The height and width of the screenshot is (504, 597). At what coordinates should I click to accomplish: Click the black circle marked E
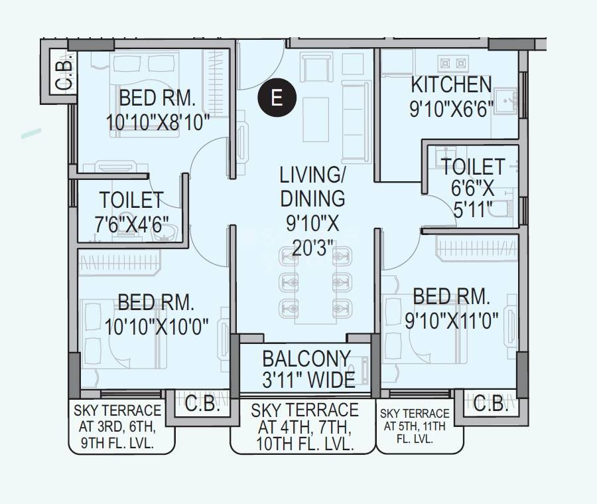coord(276,98)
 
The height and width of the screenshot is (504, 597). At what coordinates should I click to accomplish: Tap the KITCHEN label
coord(451,85)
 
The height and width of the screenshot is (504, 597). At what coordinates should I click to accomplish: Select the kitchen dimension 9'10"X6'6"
coord(451,108)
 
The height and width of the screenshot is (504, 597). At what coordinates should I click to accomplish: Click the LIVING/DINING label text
coord(312,187)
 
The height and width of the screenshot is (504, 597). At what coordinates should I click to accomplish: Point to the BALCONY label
coord(306,359)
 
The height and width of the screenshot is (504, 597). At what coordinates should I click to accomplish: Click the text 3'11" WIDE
coord(308,379)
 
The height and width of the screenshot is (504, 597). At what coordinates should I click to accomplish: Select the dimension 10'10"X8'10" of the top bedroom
coord(157,122)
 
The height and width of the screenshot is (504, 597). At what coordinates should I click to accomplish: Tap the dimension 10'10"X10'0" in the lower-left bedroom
coord(157,326)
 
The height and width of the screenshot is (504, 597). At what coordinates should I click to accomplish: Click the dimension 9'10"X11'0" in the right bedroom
coord(452,320)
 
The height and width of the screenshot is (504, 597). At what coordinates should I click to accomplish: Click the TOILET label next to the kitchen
coord(473,166)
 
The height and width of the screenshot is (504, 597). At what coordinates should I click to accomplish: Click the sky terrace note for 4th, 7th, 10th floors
coord(304,428)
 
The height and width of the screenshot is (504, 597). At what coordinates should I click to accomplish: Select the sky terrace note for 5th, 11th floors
coord(414,426)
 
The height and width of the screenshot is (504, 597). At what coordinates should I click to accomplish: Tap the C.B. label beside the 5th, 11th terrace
coord(491,404)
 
